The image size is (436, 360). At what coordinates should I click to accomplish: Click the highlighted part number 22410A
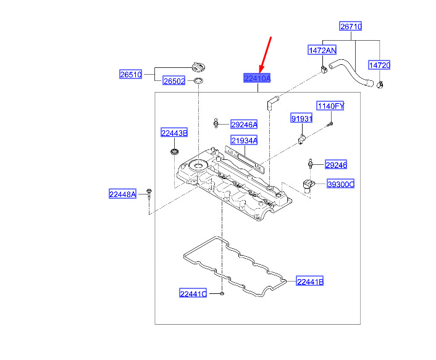(257, 78)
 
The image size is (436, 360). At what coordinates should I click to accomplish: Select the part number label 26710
(351, 27)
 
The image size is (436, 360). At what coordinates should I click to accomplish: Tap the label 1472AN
(322, 50)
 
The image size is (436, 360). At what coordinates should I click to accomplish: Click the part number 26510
(130, 74)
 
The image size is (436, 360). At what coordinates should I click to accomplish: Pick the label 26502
(174, 81)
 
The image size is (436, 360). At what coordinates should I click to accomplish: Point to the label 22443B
(174, 133)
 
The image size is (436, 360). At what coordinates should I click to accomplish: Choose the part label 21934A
(244, 140)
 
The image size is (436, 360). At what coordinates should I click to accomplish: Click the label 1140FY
(330, 106)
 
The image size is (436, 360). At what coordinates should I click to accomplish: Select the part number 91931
(302, 119)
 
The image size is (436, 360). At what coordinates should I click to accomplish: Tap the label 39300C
(341, 184)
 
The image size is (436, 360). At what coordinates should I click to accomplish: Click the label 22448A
(122, 194)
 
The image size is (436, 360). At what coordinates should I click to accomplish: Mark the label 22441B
(310, 282)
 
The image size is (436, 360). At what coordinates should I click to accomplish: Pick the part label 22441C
(193, 293)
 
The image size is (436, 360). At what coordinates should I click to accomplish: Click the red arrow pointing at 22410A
(265, 54)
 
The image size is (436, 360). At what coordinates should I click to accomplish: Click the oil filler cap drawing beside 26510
(199, 67)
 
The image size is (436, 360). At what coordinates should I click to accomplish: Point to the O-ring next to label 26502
(198, 81)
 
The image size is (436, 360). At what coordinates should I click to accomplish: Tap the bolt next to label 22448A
(149, 195)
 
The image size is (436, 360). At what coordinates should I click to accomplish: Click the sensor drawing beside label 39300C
(308, 185)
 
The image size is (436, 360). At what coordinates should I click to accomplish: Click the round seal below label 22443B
(174, 152)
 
